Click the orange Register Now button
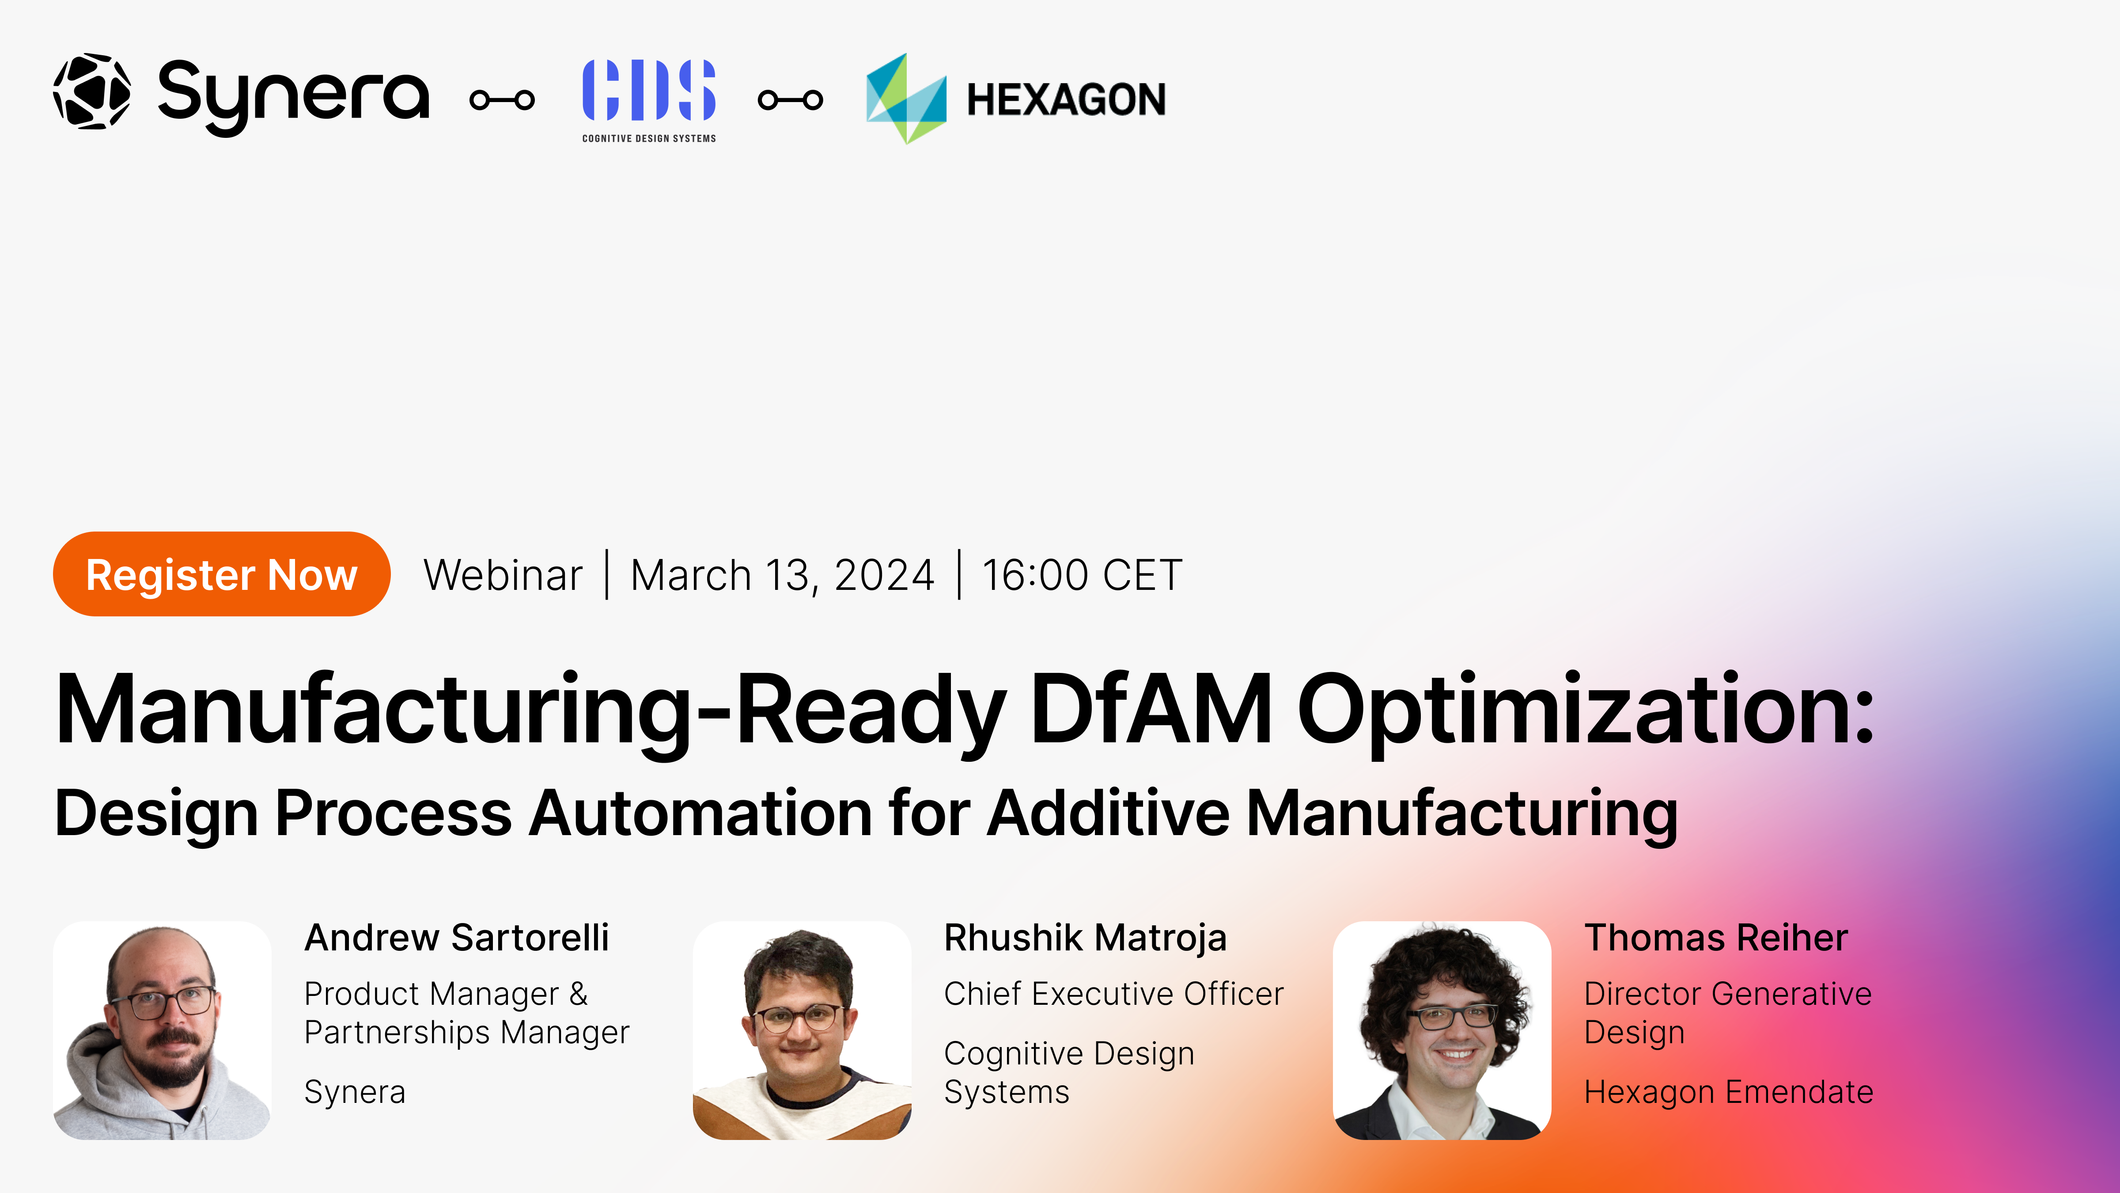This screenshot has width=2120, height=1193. (221, 574)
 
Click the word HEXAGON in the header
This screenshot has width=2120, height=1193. (1066, 99)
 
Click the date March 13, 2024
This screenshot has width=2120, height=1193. (782, 575)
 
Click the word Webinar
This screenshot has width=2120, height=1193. (503, 575)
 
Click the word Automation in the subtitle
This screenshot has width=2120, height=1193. (700, 813)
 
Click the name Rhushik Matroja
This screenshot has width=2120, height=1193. (1085, 938)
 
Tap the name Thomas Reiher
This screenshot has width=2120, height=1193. (1716, 938)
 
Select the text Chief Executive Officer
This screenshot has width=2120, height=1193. (1113, 994)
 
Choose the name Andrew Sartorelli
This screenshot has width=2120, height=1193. (457, 938)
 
